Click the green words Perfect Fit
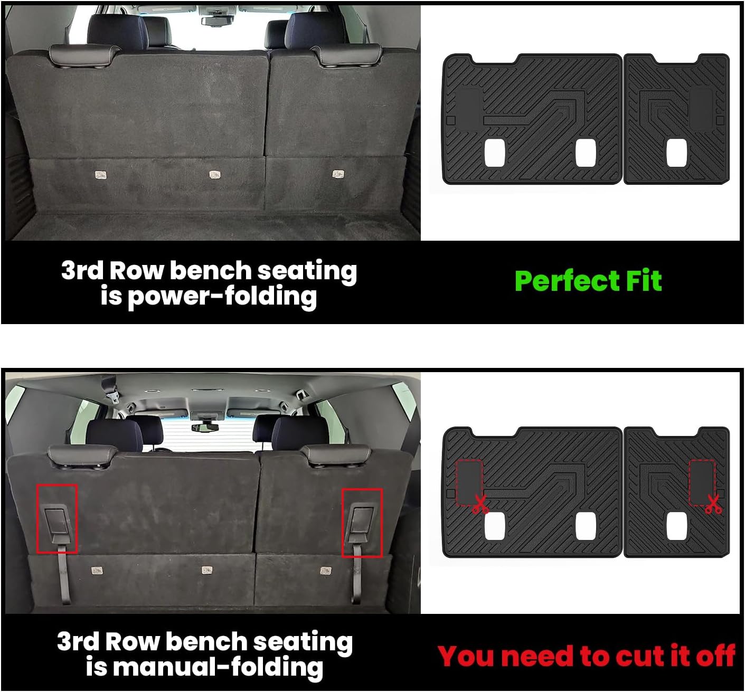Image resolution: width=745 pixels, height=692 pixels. [x=588, y=281]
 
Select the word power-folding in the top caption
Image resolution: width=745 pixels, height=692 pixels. [x=221, y=297]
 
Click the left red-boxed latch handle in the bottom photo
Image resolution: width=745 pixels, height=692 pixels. [x=56, y=520]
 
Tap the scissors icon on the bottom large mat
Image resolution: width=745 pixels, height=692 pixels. [x=480, y=505]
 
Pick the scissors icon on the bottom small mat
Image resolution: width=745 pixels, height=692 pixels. [x=713, y=505]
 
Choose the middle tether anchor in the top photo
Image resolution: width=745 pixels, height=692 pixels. [x=214, y=174]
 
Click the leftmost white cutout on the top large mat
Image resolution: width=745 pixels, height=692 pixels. [x=495, y=153]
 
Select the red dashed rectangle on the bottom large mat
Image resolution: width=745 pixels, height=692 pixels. [x=469, y=482]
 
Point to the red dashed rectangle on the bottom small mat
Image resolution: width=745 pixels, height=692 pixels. [x=702, y=482]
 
